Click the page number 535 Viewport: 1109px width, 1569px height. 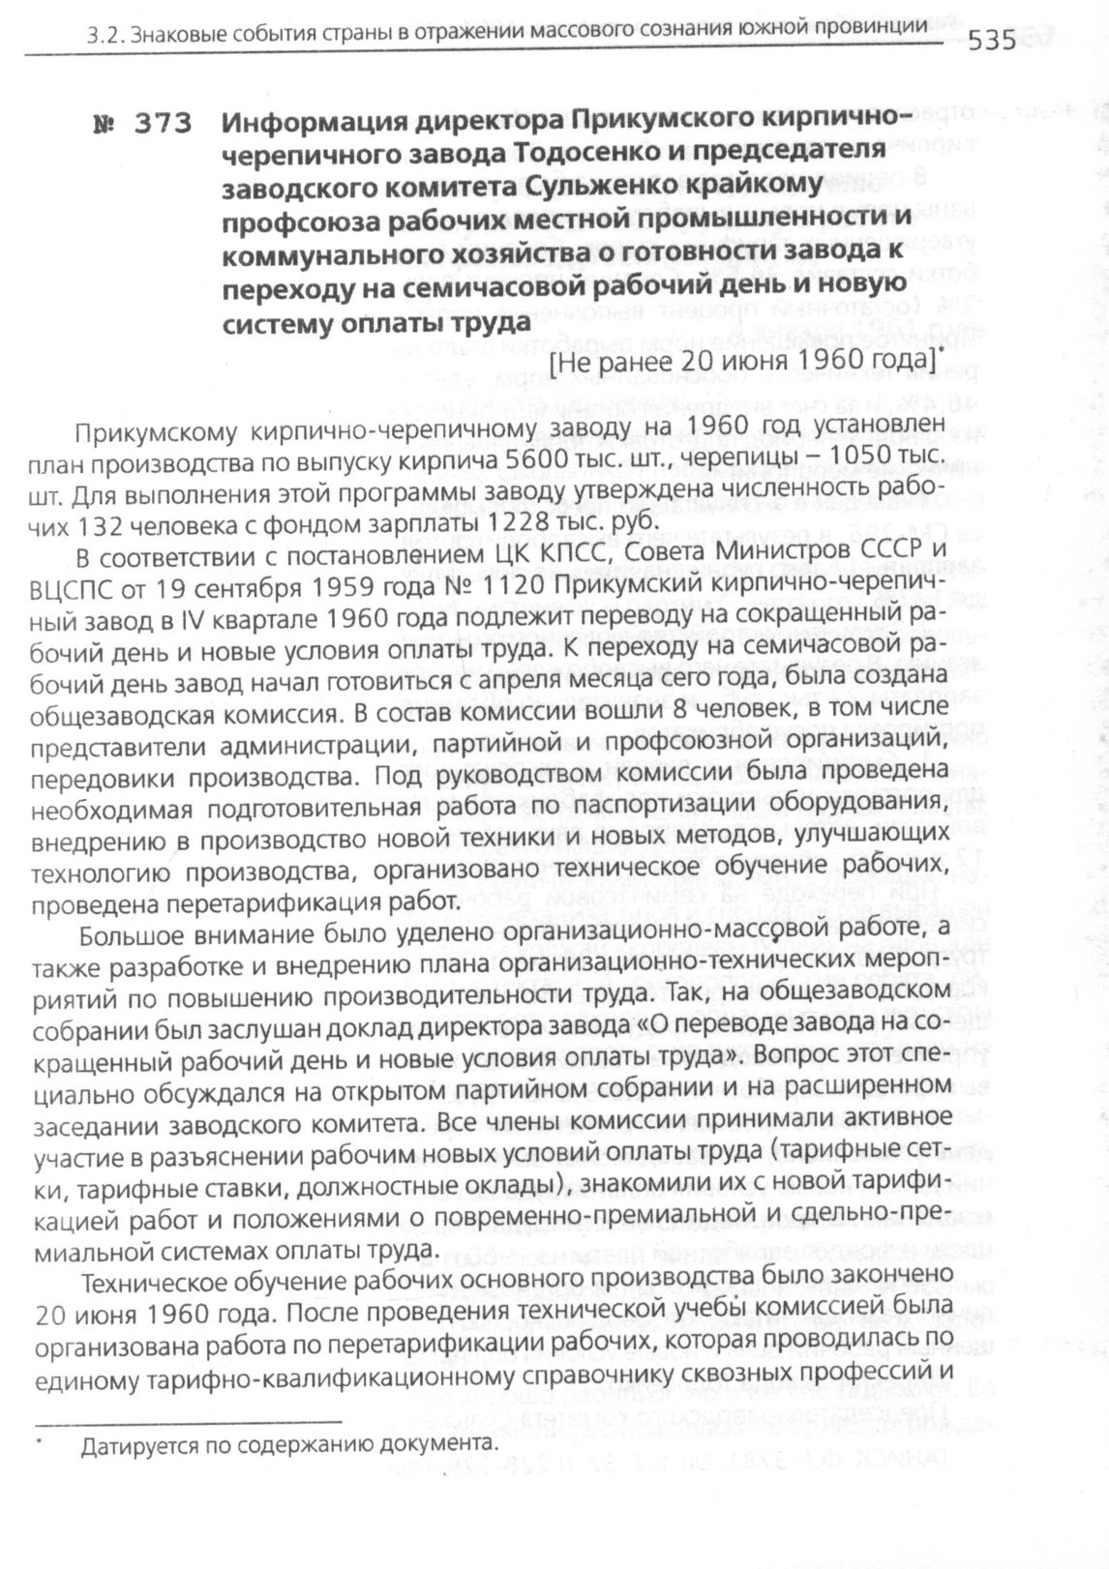coord(992,41)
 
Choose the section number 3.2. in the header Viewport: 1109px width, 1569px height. coord(105,37)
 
